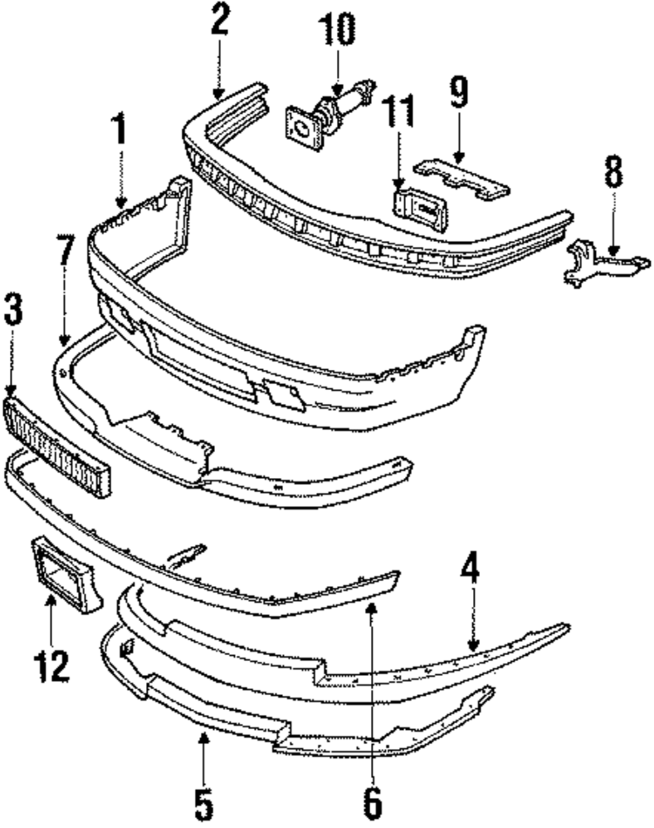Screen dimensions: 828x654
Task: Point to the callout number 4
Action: pyautogui.click(x=470, y=572)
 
